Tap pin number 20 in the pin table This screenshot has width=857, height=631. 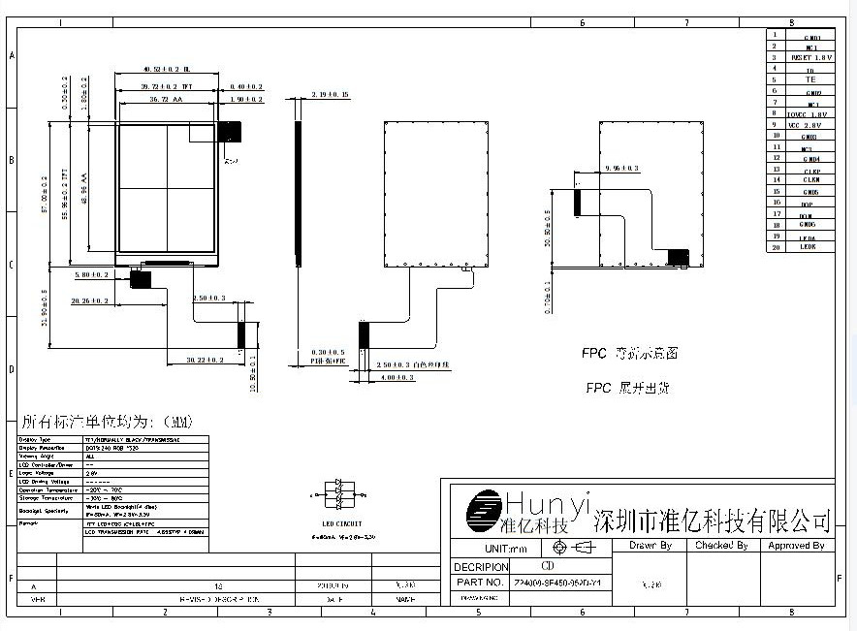pos(776,246)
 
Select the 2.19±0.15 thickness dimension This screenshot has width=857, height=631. pos(330,94)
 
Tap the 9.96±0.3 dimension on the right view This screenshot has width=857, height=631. pos(621,168)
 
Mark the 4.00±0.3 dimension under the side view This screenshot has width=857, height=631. pos(397,377)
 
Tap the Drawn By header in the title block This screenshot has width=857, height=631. pos(650,546)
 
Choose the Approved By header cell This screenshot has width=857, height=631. pos(796,546)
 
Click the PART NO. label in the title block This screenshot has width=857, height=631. pos(479,583)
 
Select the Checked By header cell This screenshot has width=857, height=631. pos(721,546)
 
